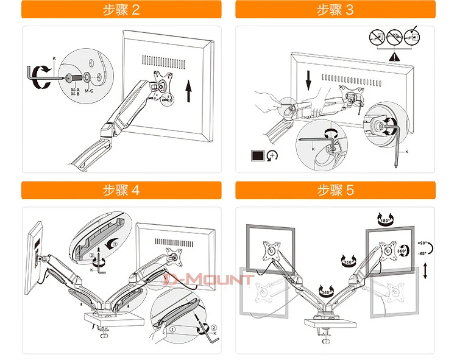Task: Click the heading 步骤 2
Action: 122,10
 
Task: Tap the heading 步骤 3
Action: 335,10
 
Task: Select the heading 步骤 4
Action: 122,190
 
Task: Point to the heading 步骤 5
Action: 335,190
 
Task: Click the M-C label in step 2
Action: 89,91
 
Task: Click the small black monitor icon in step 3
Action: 258,155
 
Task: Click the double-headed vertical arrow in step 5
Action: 425,271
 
